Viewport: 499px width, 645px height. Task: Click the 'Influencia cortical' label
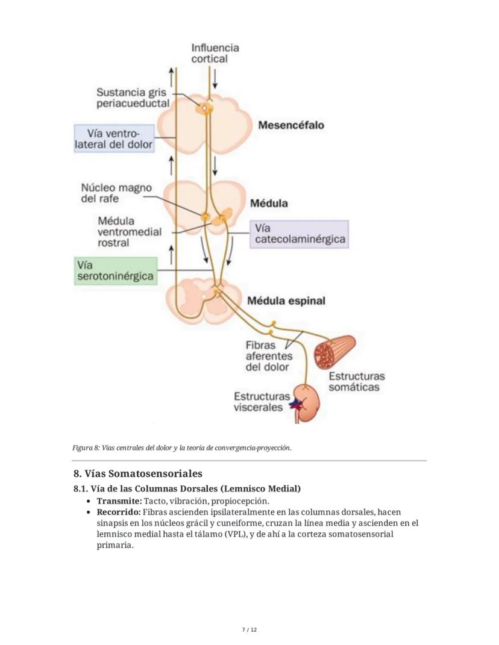[215, 53]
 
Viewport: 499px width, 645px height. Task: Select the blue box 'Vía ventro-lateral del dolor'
[113, 139]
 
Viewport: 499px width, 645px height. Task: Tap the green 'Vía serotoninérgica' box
[116, 271]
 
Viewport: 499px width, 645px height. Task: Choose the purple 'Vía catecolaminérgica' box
[300, 234]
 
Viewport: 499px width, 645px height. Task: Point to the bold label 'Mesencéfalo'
[290, 125]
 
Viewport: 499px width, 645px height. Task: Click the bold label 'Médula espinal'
[286, 301]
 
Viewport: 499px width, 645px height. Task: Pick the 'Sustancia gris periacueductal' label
[133, 98]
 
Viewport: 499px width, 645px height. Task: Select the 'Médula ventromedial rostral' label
[129, 232]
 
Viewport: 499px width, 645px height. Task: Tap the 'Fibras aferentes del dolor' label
[268, 356]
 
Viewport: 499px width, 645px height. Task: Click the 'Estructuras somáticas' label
[356, 381]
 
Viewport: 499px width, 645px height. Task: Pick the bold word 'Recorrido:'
[119, 512]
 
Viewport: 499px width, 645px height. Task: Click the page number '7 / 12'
[249, 630]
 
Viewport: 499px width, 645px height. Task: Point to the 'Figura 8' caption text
[181, 448]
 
